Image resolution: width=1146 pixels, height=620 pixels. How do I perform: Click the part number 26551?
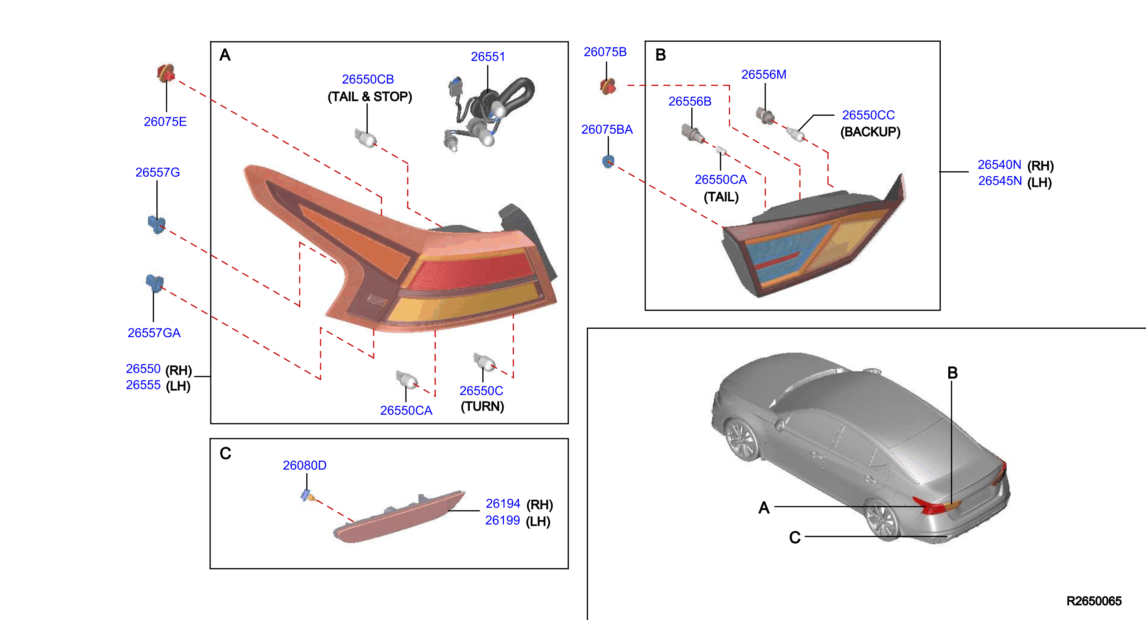click(x=488, y=57)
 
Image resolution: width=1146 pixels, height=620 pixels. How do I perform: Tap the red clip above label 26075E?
click(x=166, y=73)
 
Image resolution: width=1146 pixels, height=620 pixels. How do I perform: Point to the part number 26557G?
click(x=158, y=172)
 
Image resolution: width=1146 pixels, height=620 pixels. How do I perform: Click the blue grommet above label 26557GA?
click(x=154, y=283)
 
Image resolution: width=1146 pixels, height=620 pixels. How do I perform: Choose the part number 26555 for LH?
click(x=143, y=385)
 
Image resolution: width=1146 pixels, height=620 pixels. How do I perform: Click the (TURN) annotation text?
click(x=482, y=407)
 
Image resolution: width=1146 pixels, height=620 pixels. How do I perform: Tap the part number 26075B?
click(x=605, y=52)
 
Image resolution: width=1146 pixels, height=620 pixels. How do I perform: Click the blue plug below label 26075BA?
click(x=608, y=161)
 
